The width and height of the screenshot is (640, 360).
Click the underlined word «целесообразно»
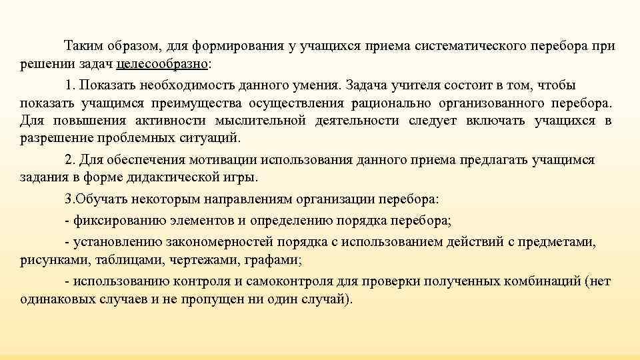pos(162,64)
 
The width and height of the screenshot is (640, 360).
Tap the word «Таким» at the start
pos(81,46)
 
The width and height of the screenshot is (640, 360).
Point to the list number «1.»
pos(70,85)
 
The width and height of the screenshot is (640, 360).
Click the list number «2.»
pos(70,160)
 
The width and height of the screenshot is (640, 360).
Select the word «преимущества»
pos(207,103)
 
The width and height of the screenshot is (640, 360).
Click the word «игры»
pos(243,177)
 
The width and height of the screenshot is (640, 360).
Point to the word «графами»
pos(276,260)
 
